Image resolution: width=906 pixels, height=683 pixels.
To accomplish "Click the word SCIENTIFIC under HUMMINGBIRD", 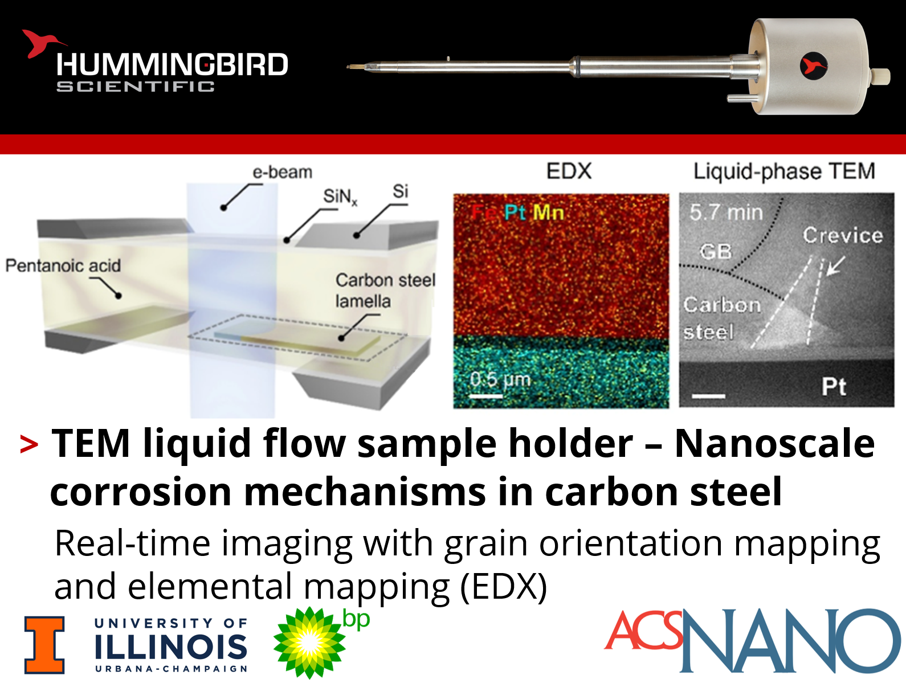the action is [136, 87].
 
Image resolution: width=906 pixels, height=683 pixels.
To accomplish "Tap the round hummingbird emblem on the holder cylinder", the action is [813, 66].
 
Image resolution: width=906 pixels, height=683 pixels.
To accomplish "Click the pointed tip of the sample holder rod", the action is [348, 67].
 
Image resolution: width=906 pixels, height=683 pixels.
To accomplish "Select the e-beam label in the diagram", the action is [282, 173].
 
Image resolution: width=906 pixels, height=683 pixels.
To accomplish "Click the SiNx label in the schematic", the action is [340, 197].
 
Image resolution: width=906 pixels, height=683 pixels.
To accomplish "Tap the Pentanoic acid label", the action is [63, 265].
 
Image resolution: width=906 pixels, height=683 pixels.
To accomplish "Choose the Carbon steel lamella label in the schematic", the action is [385, 291].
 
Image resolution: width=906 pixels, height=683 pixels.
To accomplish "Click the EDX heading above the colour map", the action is [569, 171].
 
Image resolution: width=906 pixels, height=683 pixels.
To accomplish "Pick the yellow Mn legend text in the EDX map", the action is [548, 213].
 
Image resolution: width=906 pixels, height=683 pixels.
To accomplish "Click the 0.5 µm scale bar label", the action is [500, 379].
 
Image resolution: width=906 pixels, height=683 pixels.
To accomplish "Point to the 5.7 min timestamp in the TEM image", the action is [726, 213].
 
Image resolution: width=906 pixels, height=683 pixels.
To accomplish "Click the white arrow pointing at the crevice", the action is [836, 265].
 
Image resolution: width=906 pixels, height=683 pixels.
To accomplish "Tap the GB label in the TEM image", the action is [716, 251].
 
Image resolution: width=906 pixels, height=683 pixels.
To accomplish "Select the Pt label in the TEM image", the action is [834, 386].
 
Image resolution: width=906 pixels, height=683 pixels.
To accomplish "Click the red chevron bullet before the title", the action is [29, 445].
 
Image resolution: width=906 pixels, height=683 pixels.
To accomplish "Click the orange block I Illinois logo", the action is [44, 645].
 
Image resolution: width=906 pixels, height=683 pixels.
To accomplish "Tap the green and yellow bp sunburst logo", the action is [309, 643].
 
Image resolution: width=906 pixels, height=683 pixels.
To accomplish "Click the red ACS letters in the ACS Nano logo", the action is [644, 630].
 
